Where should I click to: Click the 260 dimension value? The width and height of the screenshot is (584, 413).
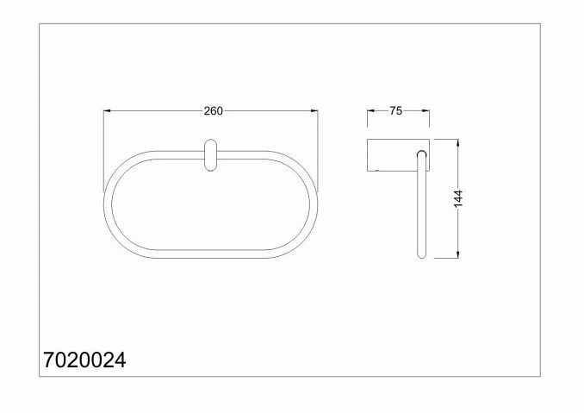(x=213, y=111)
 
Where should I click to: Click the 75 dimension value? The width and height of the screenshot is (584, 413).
(x=396, y=110)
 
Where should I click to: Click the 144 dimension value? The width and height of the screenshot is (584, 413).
(x=458, y=198)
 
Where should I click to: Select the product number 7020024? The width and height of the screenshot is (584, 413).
(x=85, y=360)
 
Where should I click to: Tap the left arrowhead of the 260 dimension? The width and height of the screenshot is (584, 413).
(x=107, y=110)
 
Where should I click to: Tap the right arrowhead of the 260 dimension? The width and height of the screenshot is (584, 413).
(x=314, y=110)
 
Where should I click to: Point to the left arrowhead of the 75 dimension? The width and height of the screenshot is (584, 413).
(x=370, y=110)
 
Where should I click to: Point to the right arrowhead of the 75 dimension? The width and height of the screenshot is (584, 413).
(x=426, y=110)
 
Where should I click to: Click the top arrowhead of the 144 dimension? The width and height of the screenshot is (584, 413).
(x=458, y=143)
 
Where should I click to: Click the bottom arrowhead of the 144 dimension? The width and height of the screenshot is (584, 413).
(x=458, y=254)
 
